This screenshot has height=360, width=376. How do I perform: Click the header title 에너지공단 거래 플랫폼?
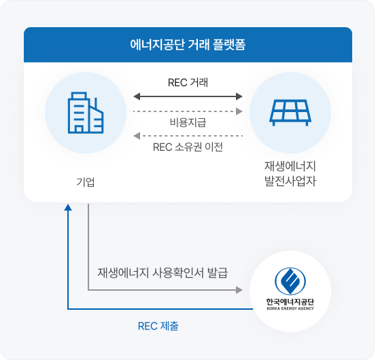[x=188, y=46]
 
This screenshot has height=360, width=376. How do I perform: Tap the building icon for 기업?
[x=85, y=113]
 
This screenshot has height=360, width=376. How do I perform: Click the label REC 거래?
[x=188, y=82]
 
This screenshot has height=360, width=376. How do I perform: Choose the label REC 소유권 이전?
[x=188, y=147]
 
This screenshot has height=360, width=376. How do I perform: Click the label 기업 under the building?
[x=85, y=181]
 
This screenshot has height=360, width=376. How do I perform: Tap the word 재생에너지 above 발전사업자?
[x=290, y=166]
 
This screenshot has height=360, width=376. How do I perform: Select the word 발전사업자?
[x=290, y=182]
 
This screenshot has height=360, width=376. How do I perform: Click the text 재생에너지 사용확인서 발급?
[x=163, y=272]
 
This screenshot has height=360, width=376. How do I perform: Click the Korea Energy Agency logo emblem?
[x=290, y=281]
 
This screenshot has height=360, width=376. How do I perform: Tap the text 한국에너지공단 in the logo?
[x=290, y=301]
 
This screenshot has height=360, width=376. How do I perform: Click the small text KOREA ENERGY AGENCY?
[x=290, y=309]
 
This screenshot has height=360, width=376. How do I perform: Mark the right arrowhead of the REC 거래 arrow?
[x=239, y=96]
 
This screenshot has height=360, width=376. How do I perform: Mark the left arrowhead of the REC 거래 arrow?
[x=137, y=96]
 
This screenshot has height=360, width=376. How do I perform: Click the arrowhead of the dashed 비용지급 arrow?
[x=239, y=110]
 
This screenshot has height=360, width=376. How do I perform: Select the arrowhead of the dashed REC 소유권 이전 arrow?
[x=136, y=135]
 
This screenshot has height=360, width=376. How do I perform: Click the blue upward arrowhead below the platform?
[x=67, y=206]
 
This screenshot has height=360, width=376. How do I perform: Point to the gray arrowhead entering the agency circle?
[x=239, y=290]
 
